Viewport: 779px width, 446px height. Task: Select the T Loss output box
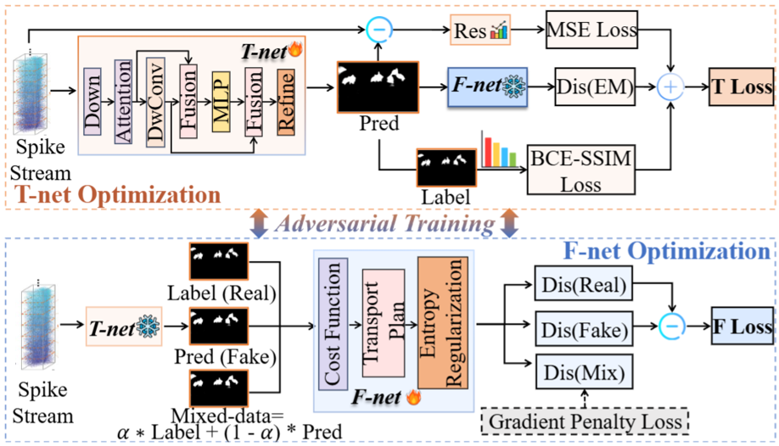(741, 86)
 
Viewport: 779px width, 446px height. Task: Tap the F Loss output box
(741, 326)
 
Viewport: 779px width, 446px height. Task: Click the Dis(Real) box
(581, 286)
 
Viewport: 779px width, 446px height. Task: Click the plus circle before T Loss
(672, 86)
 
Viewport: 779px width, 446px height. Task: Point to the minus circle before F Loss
(672, 326)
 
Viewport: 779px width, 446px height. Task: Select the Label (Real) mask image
(219, 261)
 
